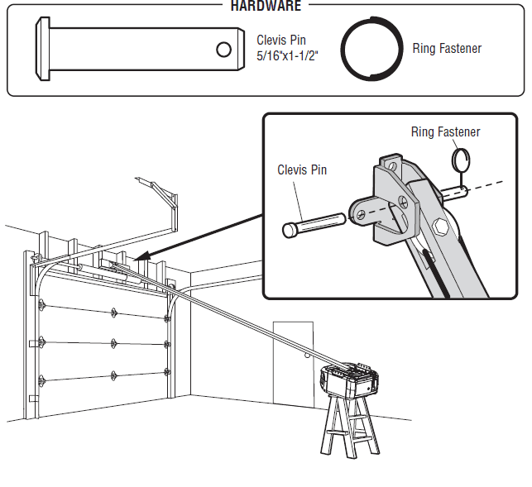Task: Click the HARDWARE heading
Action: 266,6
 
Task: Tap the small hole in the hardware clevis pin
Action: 223,50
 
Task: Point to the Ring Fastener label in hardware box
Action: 447,49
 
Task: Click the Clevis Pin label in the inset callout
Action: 302,170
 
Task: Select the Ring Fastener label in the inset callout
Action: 445,132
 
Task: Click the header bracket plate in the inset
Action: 386,203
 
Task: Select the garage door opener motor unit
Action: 349,382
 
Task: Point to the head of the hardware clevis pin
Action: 41,50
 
